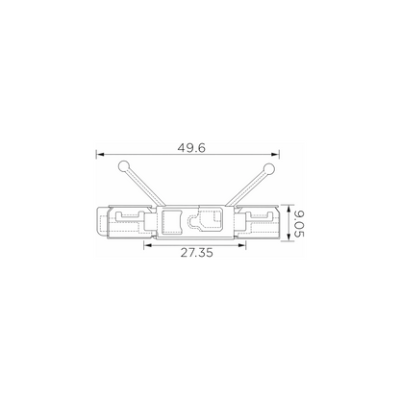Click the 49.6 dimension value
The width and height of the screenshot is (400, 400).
click(191, 148)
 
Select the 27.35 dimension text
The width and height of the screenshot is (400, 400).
click(196, 253)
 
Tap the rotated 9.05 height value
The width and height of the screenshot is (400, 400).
click(299, 223)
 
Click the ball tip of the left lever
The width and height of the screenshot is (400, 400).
click(123, 166)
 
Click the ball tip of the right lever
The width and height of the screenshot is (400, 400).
click(269, 168)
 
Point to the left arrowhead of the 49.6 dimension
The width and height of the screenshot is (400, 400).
click(100, 155)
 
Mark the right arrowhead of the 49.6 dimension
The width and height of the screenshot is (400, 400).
click(275, 155)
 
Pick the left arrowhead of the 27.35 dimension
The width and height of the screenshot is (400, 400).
click(148, 245)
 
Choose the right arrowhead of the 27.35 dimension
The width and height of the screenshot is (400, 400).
click(242, 245)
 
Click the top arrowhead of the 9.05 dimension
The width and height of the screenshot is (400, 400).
click(288, 209)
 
